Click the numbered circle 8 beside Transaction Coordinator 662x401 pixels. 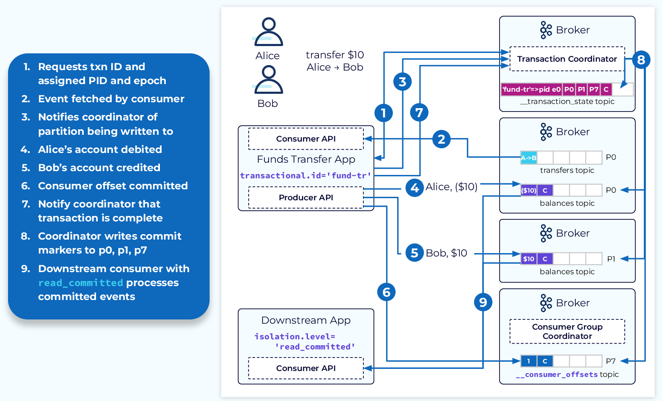(x=641, y=60)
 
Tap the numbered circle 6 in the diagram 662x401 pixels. (x=386, y=292)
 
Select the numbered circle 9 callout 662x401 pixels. (x=483, y=302)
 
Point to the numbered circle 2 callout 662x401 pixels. (x=441, y=139)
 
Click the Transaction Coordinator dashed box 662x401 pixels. (x=567, y=59)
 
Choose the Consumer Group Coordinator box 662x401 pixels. (x=567, y=331)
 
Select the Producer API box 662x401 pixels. (x=306, y=198)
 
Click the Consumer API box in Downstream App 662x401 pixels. (x=306, y=368)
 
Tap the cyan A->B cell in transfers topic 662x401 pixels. (x=528, y=158)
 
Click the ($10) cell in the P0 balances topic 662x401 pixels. (x=528, y=191)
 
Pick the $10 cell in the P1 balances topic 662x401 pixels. (x=528, y=259)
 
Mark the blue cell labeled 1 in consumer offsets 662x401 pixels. (x=528, y=361)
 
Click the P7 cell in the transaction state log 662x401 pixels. (x=593, y=90)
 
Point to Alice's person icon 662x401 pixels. (x=268, y=32)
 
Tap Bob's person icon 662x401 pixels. (x=268, y=80)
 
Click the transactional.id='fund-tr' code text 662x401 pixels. (x=305, y=176)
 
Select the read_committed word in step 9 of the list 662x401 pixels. (x=80, y=283)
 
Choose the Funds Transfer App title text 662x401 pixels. (x=306, y=159)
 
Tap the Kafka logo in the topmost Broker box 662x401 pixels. (x=546, y=30)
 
